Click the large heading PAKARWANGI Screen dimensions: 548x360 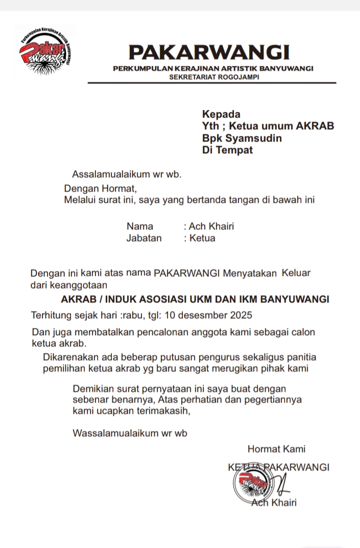click(x=209, y=52)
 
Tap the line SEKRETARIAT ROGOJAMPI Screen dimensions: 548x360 click(x=214, y=76)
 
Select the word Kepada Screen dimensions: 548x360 click(x=221, y=114)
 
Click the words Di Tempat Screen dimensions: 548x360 click(x=227, y=151)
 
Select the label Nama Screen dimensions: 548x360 click(x=140, y=226)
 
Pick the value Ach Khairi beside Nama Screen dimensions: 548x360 click(x=211, y=226)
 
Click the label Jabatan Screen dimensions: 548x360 click(x=144, y=238)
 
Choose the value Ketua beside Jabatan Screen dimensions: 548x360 click(x=202, y=238)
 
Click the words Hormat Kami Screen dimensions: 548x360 click(x=276, y=449)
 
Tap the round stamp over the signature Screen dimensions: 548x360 click(x=251, y=482)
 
